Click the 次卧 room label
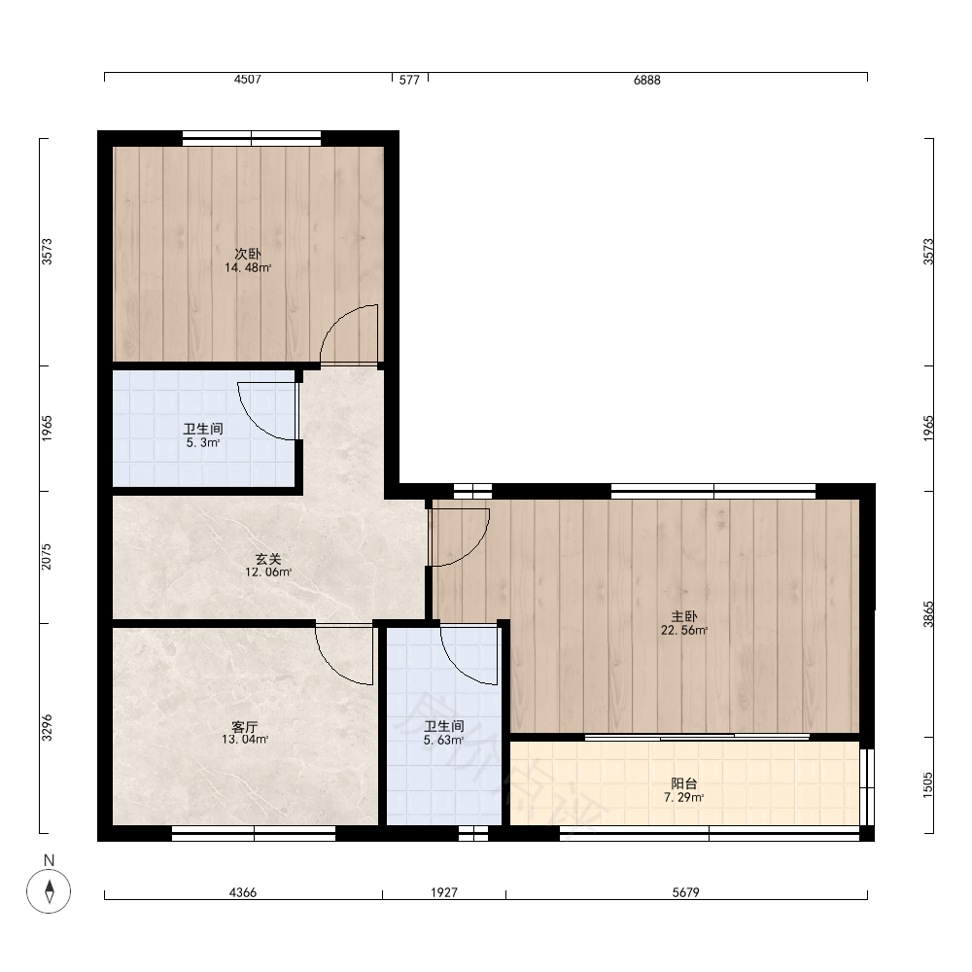(247, 254)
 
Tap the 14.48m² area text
(248, 268)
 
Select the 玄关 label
(268, 559)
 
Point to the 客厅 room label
(245, 726)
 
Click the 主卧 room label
(684, 616)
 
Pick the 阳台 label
(683, 783)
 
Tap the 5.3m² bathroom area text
(203, 443)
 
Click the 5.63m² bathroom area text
(444, 740)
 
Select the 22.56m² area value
(684, 631)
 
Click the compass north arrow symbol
(49, 890)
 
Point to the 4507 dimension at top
(247, 80)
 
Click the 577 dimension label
(410, 80)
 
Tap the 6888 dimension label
(647, 80)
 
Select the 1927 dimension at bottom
(444, 892)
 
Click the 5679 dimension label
(686, 892)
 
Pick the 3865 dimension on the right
(928, 614)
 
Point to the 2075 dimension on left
(47, 557)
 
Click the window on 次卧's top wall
(252, 138)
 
